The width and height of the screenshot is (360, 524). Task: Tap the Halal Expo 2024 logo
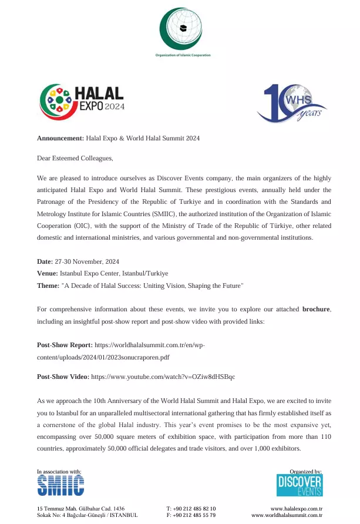82,101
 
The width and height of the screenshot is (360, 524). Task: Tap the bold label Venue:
48,274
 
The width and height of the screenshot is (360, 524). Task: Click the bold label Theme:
48,285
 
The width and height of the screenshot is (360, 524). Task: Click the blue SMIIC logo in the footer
60,485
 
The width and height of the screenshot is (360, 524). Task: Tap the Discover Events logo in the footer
300,485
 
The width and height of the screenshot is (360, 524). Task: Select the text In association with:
59,472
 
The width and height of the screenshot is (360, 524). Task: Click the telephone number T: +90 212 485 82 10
191,508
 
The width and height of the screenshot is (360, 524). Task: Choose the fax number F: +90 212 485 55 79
191,515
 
